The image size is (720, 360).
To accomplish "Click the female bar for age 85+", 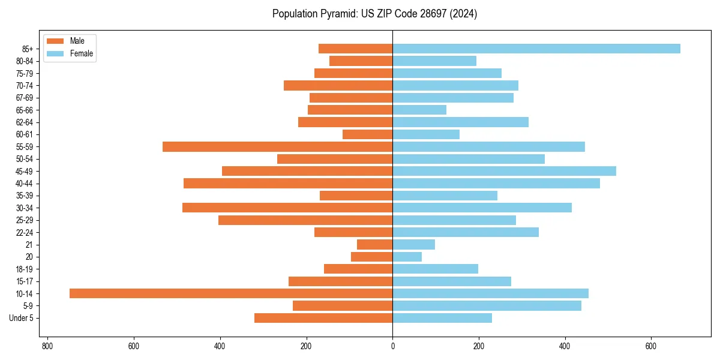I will tap(536, 49).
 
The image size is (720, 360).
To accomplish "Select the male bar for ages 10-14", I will tap(231, 293).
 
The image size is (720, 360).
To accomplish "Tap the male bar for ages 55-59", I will tap(277, 146).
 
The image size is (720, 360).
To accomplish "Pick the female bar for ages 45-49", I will tap(504, 171).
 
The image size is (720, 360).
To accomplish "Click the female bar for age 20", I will tap(407, 257).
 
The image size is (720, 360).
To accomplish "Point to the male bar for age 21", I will tap(375, 245).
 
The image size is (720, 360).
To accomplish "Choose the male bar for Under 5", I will tap(323, 318).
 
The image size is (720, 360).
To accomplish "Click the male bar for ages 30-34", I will tap(287, 208).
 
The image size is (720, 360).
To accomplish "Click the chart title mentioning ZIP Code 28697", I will tap(374, 14).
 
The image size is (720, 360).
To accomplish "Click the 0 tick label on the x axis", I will tap(392, 346).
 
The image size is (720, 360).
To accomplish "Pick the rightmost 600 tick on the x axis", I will tap(651, 346).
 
